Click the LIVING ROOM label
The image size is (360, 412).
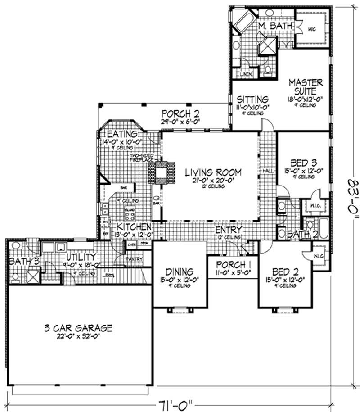pyautogui.click(x=213, y=172)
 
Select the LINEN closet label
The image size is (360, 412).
pyautogui.click(x=246, y=74)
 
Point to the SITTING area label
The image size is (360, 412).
pyautogui.click(x=252, y=99)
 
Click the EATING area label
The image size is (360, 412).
pyautogui.click(x=121, y=134)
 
